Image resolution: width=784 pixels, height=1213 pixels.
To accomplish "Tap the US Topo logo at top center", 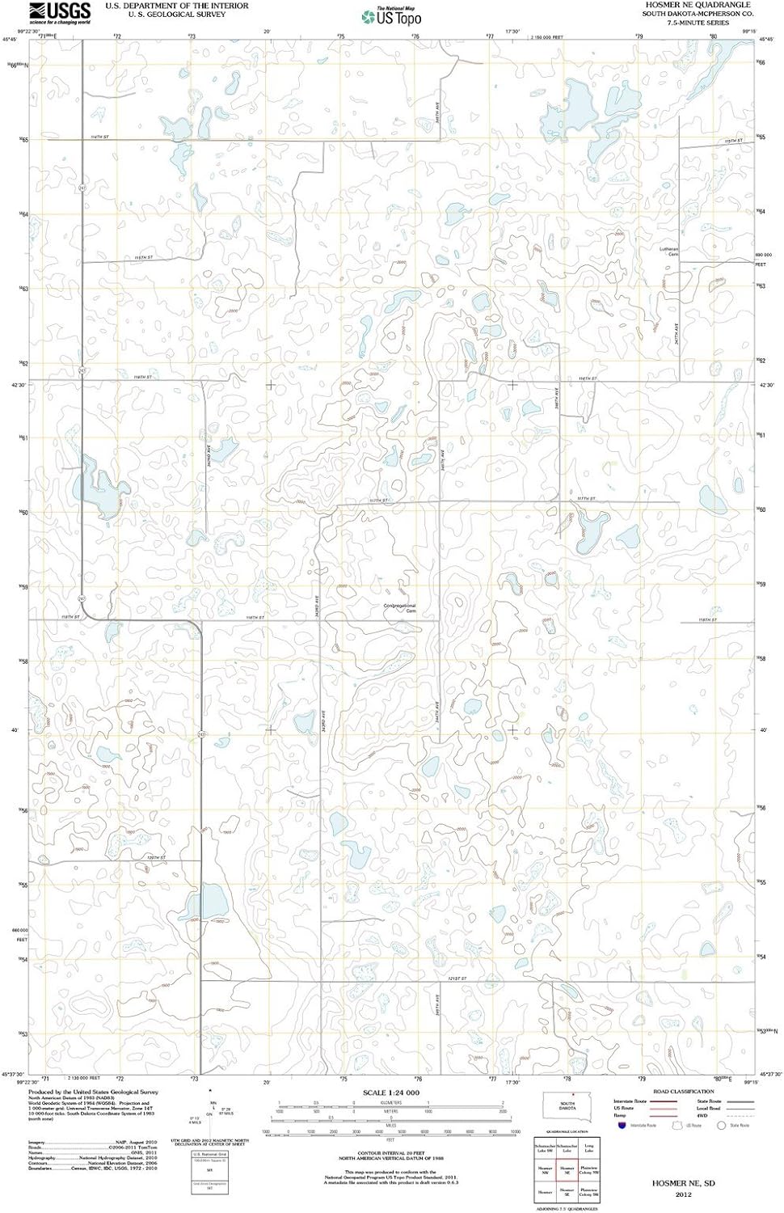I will pyautogui.click(x=392, y=16).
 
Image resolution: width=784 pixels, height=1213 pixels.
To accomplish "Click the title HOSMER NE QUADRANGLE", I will pyautogui.click(x=697, y=5).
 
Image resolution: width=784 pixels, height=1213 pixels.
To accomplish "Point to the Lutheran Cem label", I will pyautogui.click(x=668, y=251).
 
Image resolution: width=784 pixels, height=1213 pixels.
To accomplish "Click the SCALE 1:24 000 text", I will pyautogui.click(x=391, y=1093).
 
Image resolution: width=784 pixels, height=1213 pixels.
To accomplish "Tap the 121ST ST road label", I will pyautogui.click(x=457, y=978).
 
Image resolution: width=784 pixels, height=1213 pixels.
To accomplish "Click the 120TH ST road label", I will pyautogui.click(x=156, y=858).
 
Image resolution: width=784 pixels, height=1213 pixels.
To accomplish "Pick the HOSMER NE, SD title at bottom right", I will pyautogui.click(x=683, y=1183).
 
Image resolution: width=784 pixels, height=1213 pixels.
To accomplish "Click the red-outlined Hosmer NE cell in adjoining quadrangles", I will pyautogui.click(x=567, y=1170).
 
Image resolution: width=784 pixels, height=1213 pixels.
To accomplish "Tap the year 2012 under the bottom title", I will pyautogui.click(x=683, y=1194).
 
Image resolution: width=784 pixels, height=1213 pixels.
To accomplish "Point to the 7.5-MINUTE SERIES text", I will pyautogui.click(x=697, y=23).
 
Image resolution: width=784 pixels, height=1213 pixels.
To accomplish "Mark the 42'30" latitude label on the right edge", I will pyautogui.click(x=766, y=385).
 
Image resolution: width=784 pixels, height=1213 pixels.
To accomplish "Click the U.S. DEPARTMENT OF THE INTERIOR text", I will pyautogui.click(x=176, y=6).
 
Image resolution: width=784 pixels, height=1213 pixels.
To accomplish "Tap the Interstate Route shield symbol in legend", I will pyautogui.click(x=621, y=1125).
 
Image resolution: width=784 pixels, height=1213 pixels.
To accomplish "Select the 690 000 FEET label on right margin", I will pyautogui.click(x=764, y=259).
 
